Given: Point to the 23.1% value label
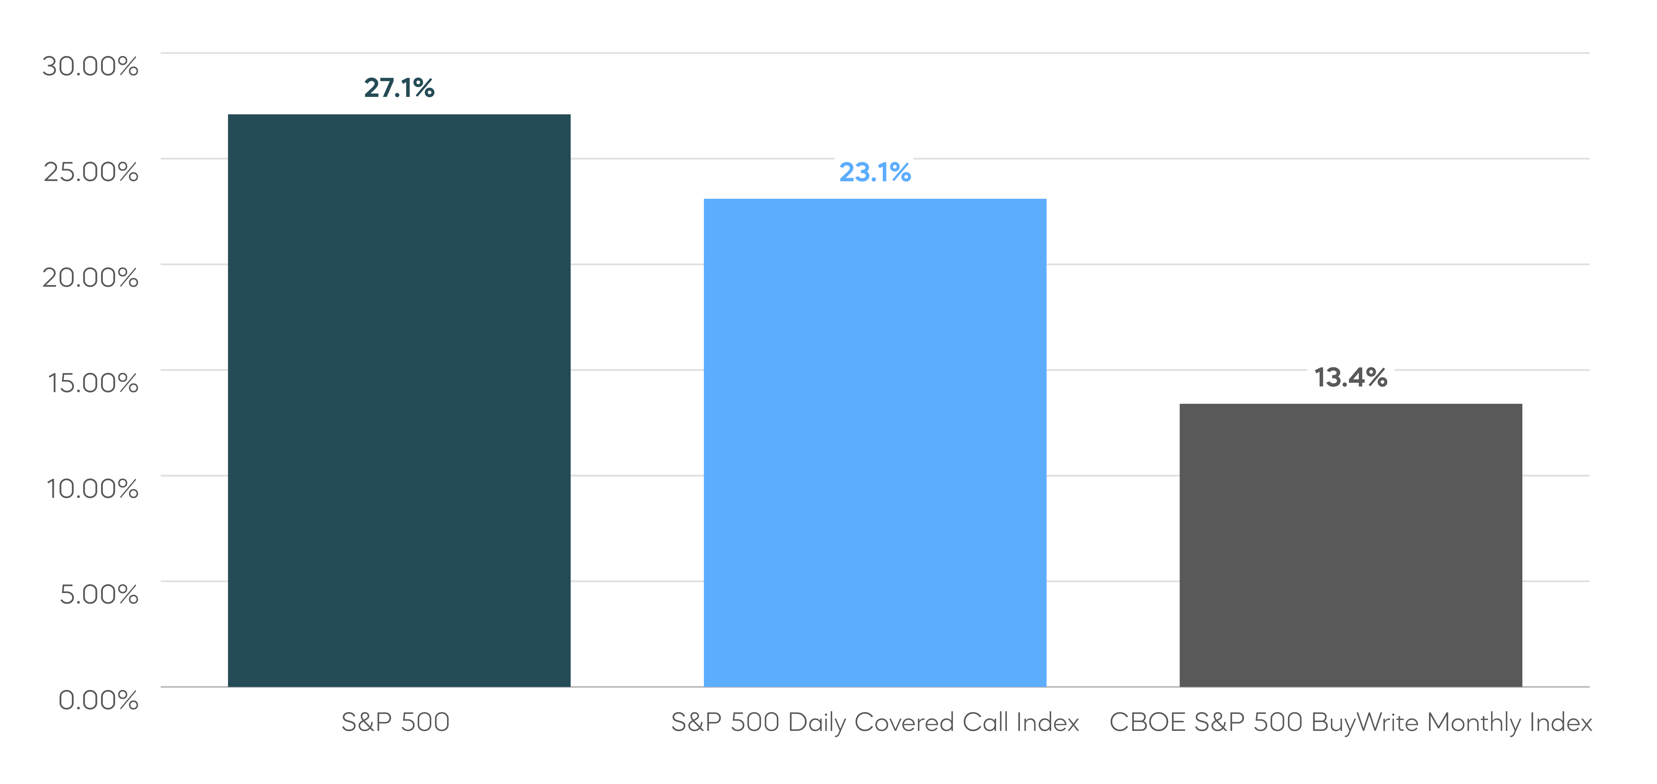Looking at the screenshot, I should click(875, 172).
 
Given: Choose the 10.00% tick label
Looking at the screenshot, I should click(92, 488).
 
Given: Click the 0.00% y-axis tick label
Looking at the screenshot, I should click(99, 700).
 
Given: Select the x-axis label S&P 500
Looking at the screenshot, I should click(395, 722).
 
